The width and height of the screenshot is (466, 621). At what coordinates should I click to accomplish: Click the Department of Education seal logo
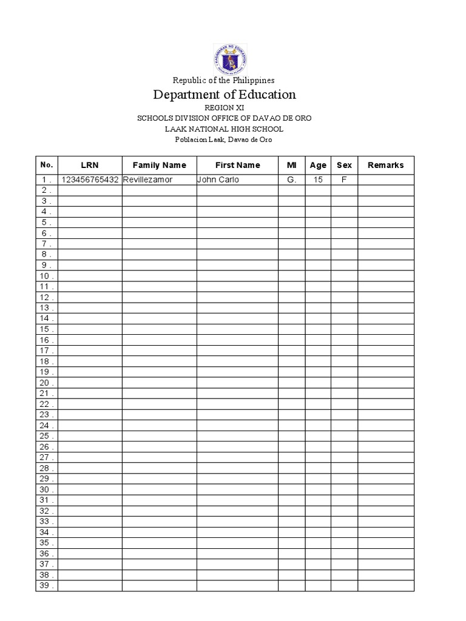pyautogui.click(x=230, y=59)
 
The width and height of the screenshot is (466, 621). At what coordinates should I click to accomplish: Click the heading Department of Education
pyautogui.click(x=225, y=95)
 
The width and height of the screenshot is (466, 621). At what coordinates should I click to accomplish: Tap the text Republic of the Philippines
pyautogui.click(x=223, y=80)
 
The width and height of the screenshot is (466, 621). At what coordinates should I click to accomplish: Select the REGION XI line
pyautogui.click(x=224, y=107)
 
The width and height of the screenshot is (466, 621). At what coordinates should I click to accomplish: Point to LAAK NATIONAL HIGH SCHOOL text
pyautogui.click(x=224, y=129)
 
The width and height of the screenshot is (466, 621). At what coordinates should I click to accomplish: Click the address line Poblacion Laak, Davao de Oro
pyautogui.click(x=224, y=139)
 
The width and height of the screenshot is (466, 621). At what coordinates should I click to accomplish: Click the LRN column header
pyautogui.click(x=90, y=165)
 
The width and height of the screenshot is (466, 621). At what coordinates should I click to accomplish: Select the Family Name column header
pyautogui.click(x=159, y=165)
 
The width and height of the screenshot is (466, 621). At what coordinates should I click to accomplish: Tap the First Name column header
pyautogui.click(x=237, y=165)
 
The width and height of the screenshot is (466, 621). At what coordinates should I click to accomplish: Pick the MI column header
pyautogui.click(x=291, y=165)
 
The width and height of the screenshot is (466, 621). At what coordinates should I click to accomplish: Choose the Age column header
pyautogui.click(x=318, y=165)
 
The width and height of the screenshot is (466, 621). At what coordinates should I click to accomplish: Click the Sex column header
pyautogui.click(x=344, y=165)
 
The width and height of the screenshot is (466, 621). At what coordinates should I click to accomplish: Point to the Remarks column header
pyautogui.click(x=385, y=165)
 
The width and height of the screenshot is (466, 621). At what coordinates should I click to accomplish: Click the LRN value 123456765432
pyautogui.click(x=90, y=180)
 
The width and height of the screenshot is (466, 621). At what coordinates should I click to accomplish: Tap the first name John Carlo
pyautogui.click(x=218, y=180)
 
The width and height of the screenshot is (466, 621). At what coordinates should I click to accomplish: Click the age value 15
pyautogui.click(x=318, y=180)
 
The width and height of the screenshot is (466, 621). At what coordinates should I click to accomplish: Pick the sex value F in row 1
pyautogui.click(x=344, y=180)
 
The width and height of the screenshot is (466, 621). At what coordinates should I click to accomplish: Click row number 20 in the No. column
pyautogui.click(x=47, y=383)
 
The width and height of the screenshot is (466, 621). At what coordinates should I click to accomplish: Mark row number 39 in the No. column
pyautogui.click(x=47, y=586)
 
